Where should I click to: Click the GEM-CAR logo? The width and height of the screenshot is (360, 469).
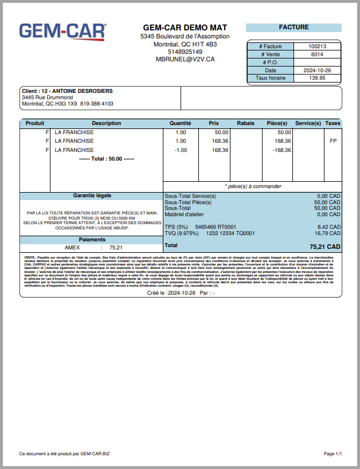[x=62, y=32]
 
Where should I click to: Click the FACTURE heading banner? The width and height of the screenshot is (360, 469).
[x=294, y=28]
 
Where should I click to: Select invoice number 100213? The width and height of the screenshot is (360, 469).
[x=317, y=46]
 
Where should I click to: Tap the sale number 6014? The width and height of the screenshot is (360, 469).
[x=317, y=54]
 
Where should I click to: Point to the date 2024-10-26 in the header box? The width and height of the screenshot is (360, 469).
[x=317, y=71]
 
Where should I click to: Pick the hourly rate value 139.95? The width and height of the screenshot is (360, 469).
[x=317, y=78]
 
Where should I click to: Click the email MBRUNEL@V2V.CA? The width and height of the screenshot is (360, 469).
[x=185, y=59]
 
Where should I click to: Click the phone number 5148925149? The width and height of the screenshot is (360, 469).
[x=185, y=52]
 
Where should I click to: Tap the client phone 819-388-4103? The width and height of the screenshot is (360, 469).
[x=97, y=104]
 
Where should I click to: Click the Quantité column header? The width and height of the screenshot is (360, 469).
[x=181, y=123]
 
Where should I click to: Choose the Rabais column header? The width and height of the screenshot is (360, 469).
[x=245, y=123]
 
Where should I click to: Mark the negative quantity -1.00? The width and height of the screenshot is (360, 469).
[x=181, y=150]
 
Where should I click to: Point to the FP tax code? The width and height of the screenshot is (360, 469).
[x=333, y=141]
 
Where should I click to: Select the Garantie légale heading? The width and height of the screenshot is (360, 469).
[x=92, y=196]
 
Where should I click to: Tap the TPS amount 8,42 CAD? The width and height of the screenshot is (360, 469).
[x=328, y=228]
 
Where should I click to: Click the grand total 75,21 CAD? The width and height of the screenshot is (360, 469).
[x=325, y=247]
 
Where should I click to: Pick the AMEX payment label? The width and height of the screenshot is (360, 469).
[x=72, y=248]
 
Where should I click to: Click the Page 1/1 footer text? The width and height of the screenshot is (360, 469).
[x=332, y=454]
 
